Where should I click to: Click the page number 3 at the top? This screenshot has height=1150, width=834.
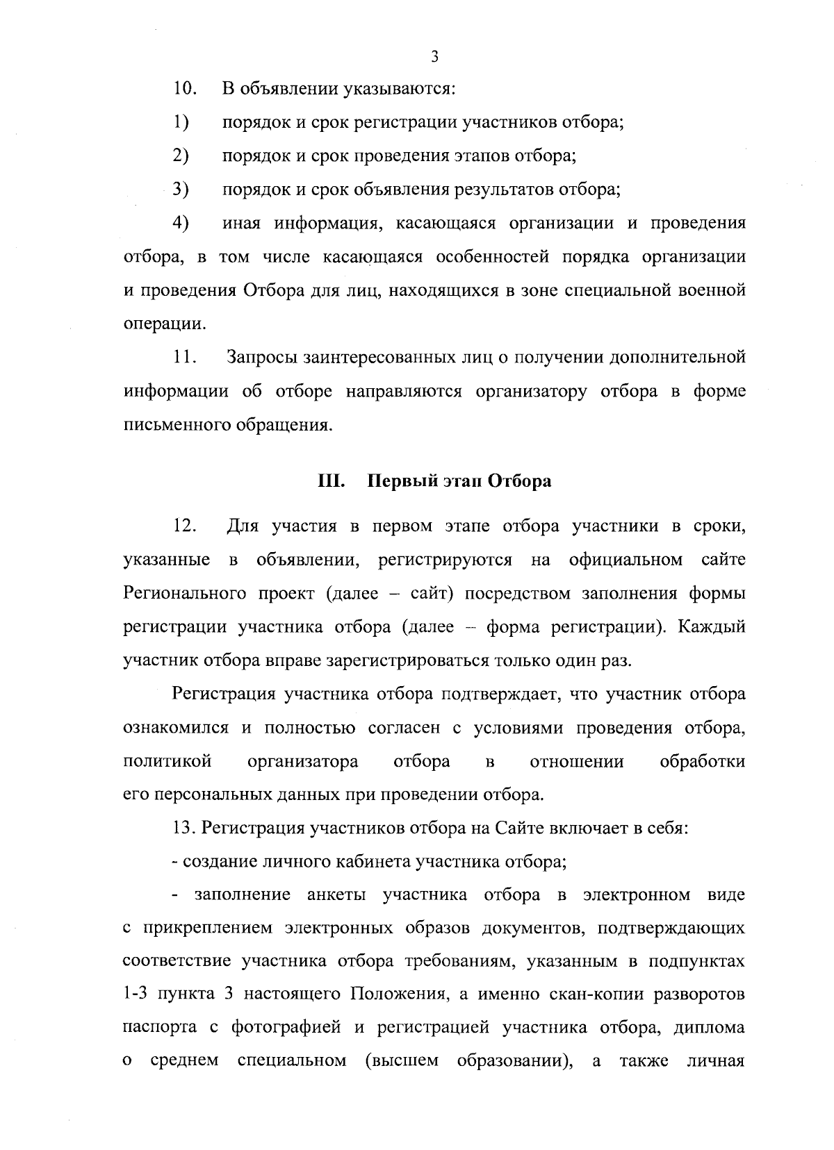pyautogui.click(x=434, y=57)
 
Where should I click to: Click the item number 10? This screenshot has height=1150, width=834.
pyautogui.click(x=184, y=90)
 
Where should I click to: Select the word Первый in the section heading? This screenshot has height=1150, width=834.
pyautogui.click(x=395, y=481)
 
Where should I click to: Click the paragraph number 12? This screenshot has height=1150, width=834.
pyautogui.click(x=184, y=526)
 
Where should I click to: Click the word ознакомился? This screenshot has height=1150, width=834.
pyautogui.click(x=177, y=728)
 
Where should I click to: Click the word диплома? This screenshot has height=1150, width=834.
pyautogui.click(x=710, y=1028)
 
